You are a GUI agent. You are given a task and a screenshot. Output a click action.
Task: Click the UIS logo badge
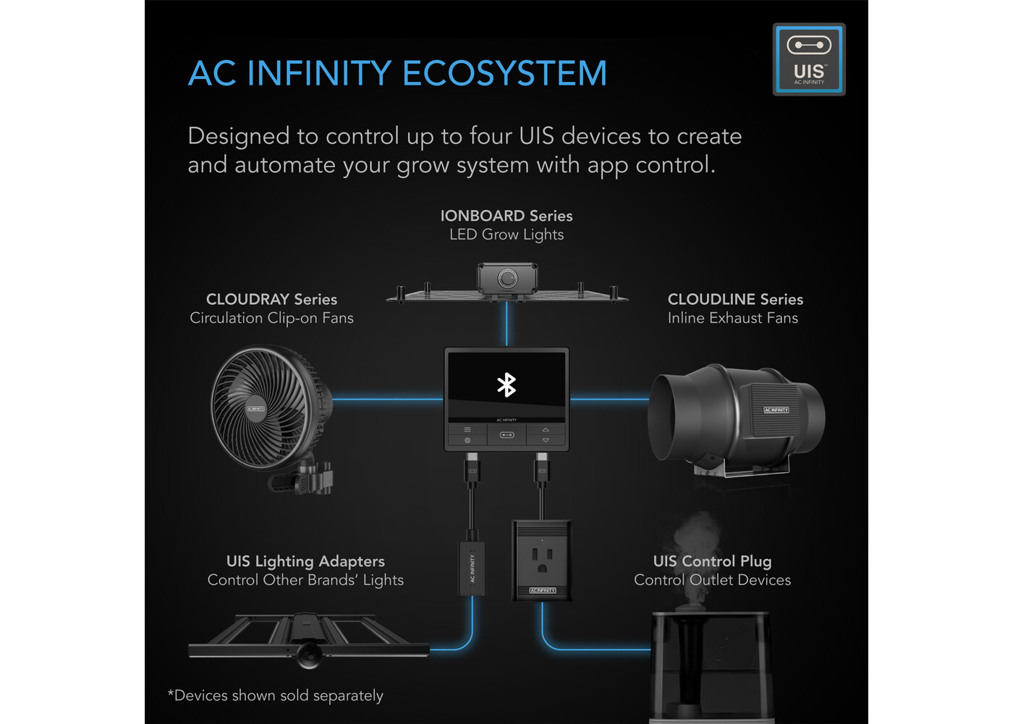[809, 59]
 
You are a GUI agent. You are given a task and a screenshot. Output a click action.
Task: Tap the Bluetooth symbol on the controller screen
[506, 385]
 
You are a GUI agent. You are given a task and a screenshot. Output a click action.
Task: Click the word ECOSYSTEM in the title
[504, 73]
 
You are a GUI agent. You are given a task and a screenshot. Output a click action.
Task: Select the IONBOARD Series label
[506, 216]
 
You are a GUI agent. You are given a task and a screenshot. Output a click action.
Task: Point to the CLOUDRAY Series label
[271, 299]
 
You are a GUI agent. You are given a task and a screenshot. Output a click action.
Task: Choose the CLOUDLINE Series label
[735, 299]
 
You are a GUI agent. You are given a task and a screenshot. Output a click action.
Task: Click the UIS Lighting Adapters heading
[305, 561]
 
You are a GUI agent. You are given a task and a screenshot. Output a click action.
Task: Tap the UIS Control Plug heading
[712, 561]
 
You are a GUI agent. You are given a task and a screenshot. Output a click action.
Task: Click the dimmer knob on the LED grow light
[507, 278]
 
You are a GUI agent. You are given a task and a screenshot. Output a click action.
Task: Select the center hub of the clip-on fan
[255, 408]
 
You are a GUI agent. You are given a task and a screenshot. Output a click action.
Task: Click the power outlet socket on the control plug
[542, 559]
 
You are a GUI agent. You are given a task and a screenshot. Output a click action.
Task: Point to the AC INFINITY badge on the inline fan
[776, 410]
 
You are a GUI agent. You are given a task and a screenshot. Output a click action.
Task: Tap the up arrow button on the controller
[546, 430]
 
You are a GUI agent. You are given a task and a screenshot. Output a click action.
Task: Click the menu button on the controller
[467, 429]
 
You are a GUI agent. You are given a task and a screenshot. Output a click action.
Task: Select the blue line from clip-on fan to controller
[388, 399]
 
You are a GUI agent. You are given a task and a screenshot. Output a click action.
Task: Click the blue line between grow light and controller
[506, 324]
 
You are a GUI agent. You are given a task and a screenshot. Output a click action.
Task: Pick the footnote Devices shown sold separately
[275, 696]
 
